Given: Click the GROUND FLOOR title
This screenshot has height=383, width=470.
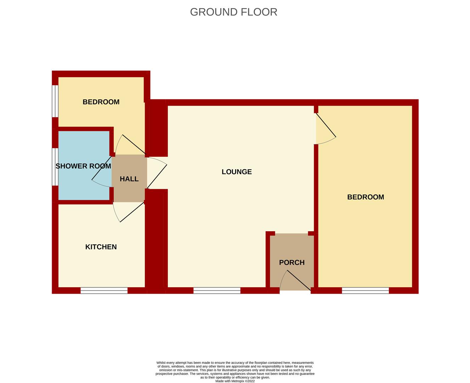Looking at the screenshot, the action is click(233, 12).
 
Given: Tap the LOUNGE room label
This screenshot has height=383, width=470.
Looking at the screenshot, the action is click(237, 172).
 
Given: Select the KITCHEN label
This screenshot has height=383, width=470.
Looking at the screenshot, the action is click(101, 247).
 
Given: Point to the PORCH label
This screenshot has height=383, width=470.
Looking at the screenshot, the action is click(292, 262).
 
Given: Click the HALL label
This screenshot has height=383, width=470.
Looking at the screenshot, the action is click(129, 179).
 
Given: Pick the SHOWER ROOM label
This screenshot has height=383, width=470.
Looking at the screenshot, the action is click(83, 166).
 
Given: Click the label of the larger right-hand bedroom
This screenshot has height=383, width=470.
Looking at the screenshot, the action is click(366, 197).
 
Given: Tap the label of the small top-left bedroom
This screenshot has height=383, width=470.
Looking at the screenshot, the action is click(101, 102).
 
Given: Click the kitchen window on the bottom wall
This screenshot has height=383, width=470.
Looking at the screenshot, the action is click(104, 290).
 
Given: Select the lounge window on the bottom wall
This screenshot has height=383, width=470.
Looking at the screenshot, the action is click(217, 290).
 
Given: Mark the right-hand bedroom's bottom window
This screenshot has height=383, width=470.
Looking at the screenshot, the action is click(365, 290).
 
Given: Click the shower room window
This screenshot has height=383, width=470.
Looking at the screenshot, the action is click(55, 167).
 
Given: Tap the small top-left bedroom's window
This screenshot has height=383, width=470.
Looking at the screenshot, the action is click(55, 101).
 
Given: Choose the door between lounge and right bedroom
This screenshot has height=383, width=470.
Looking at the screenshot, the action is click(326, 128).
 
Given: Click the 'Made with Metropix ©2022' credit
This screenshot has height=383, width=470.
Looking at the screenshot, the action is click(235, 381).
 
